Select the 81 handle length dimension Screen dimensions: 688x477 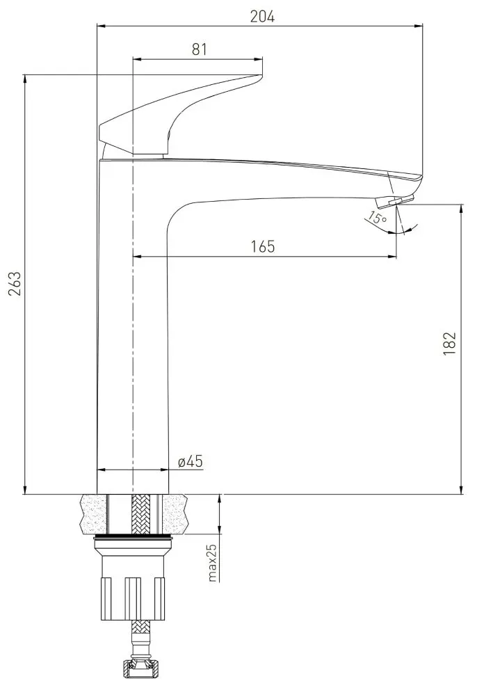(200, 49)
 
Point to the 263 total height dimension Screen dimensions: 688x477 (14, 285)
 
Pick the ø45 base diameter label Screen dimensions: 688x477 (190, 461)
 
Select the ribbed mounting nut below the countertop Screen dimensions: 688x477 (133, 591)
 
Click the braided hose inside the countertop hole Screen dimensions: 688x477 (140, 515)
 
